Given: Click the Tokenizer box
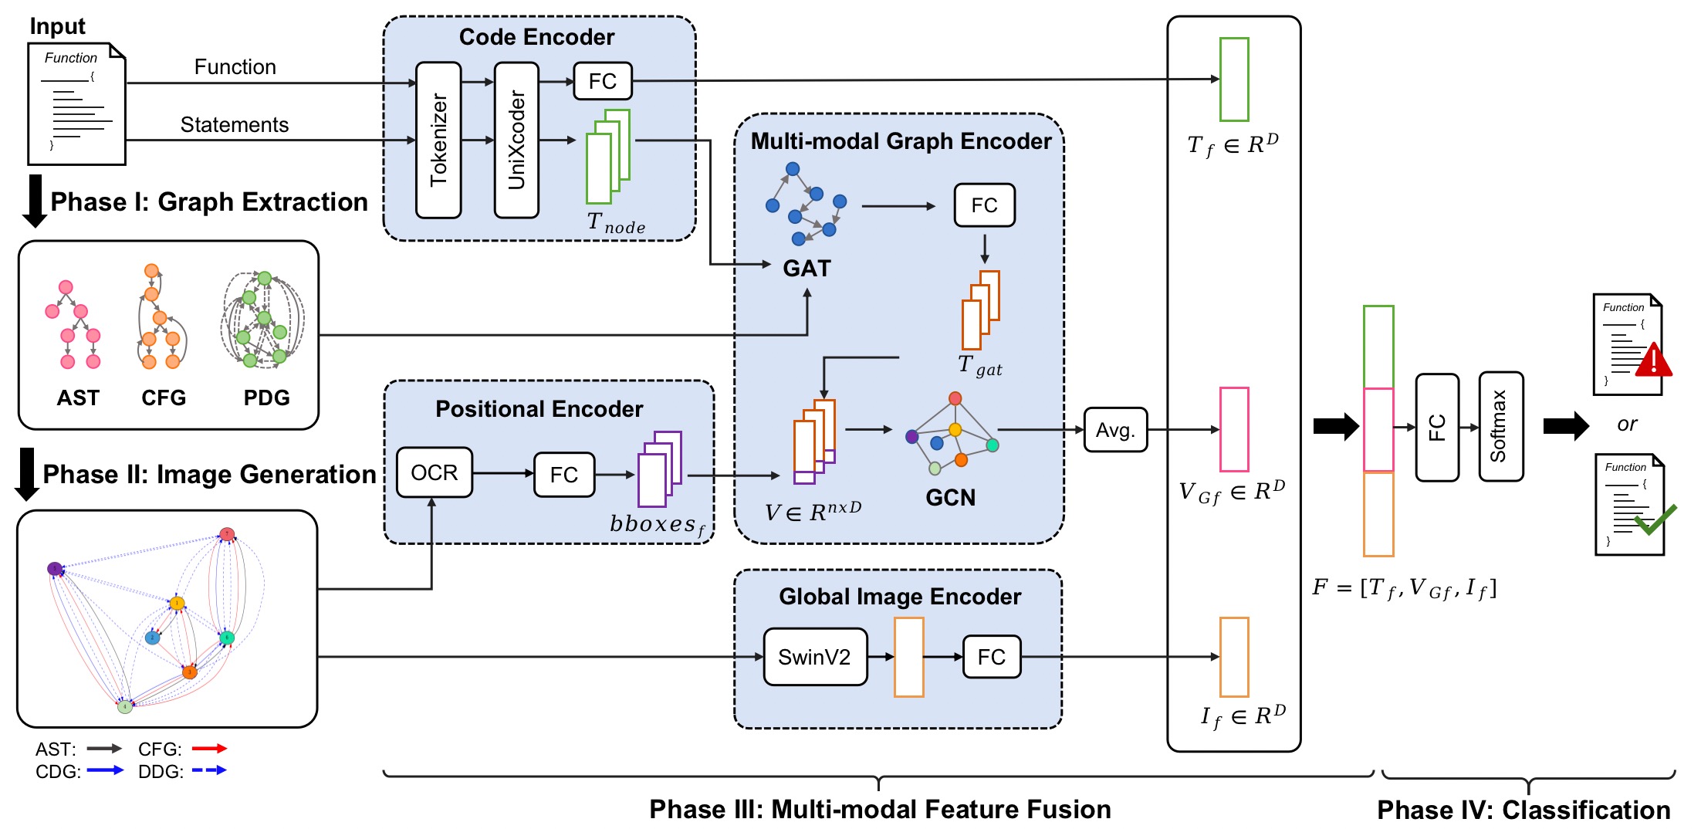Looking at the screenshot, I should pyautogui.click(x=438, y=140).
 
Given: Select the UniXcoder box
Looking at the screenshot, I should pyautogui.click(x=516, y=140).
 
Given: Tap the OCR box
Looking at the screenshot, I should pyautogui.click(x=434, y=472).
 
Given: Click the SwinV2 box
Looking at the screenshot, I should pyautogui.click(x=815, y=657).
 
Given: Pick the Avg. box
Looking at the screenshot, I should pyautogui.click(x=1115, y=430).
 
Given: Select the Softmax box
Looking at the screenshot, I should pyautogui.click(x=1500, y=427).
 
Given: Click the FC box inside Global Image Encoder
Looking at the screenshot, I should pyautogui.click(x=992, y=657).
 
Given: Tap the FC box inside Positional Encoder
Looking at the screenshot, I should pyautogui.click(x=564, y=475).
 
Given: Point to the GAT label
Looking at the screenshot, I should pyautogui.click(x=807, y=269).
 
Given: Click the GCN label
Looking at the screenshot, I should pyautogui.click(x=950, y=498).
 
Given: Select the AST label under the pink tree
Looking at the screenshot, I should pyautogui.click(x=78, y=398).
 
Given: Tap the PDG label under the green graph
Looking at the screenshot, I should pyautogui.click(x=266, y=398).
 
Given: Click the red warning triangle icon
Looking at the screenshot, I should pyautogui.click(x=1653, y=361).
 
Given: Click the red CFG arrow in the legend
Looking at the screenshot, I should pyautogui.click(x=209, y=748).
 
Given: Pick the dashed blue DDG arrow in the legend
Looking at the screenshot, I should pyautogui.click(x=209, y=770).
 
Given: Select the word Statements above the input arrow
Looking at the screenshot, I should pyautogui.click(x=235, y=125).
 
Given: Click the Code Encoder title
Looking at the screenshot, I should pyautogui.click(x=536, y=37).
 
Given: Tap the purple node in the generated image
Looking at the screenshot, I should pyautogui.click(x=55, y=569).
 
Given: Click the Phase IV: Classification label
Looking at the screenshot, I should pyautogui.click(x=1523, y=810).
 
